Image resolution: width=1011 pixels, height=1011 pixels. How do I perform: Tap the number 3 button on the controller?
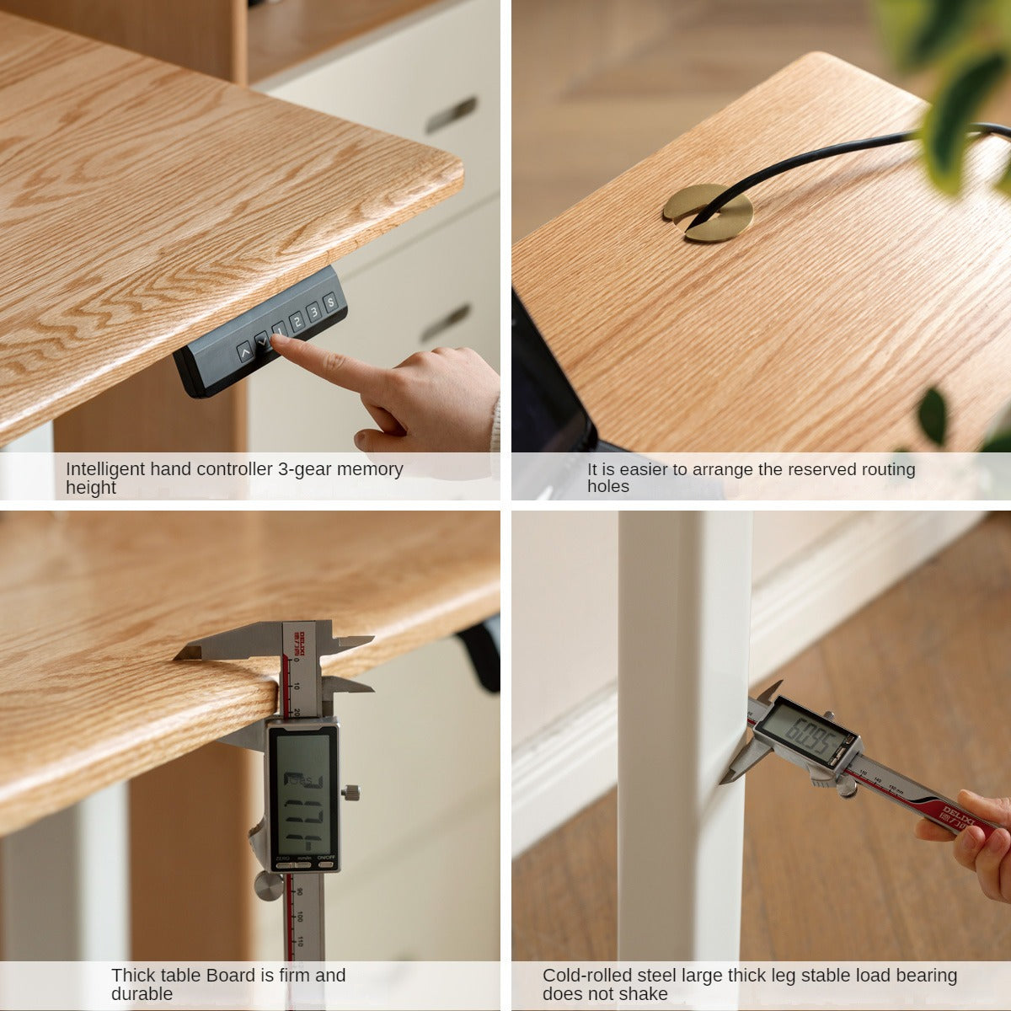pos(313,312)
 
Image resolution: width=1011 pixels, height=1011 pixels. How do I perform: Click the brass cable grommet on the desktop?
pos(708,212)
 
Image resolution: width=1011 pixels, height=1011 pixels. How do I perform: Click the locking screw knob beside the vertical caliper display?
pos(352,792)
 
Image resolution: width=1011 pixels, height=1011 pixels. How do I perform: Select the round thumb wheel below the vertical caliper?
pos(269,885)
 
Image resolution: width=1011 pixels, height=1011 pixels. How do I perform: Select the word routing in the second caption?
pos(883,469)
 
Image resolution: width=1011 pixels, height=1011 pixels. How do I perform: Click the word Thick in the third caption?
pos(133,976)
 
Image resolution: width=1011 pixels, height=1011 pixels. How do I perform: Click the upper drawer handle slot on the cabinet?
pos(451,114)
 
